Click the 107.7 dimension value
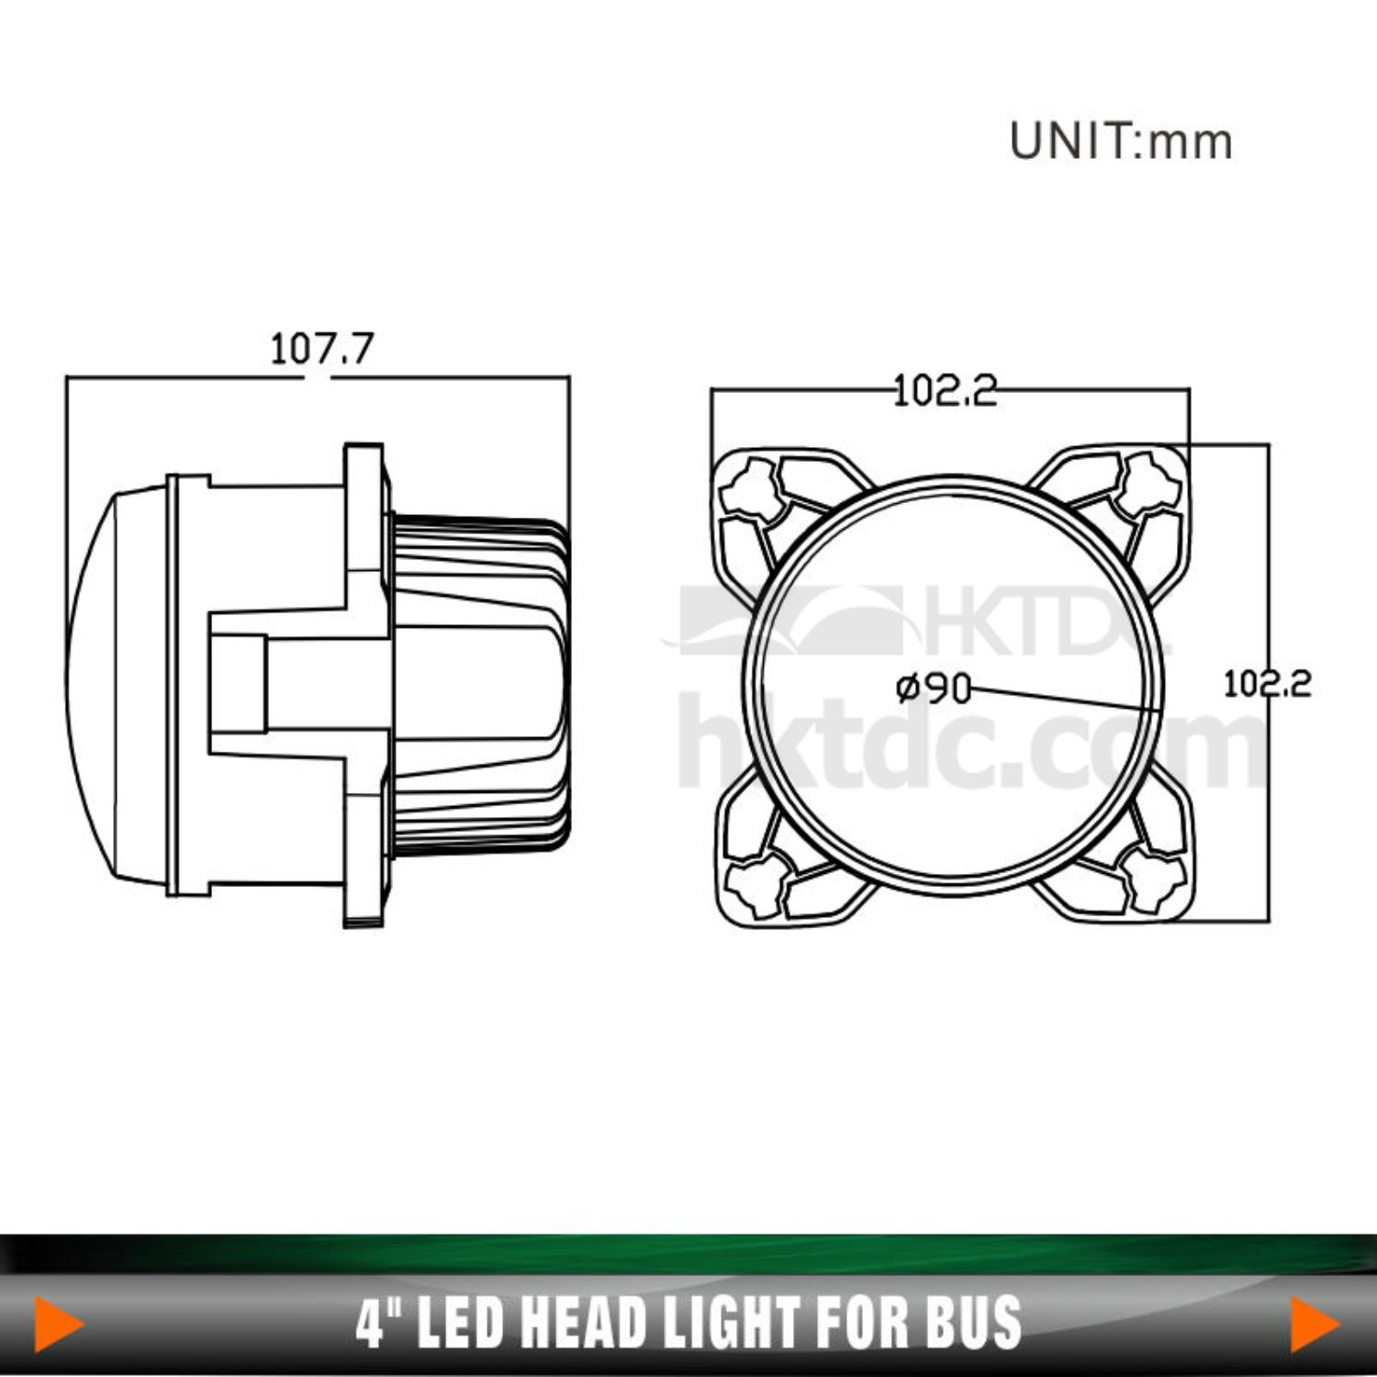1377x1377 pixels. [x=321, y=349]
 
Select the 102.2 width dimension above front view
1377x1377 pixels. [x=946, y=391]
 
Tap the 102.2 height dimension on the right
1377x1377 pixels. [x=1267, y=684]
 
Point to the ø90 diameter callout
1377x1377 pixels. [x=934, y=688]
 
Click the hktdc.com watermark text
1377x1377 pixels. [x=973, y=744]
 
